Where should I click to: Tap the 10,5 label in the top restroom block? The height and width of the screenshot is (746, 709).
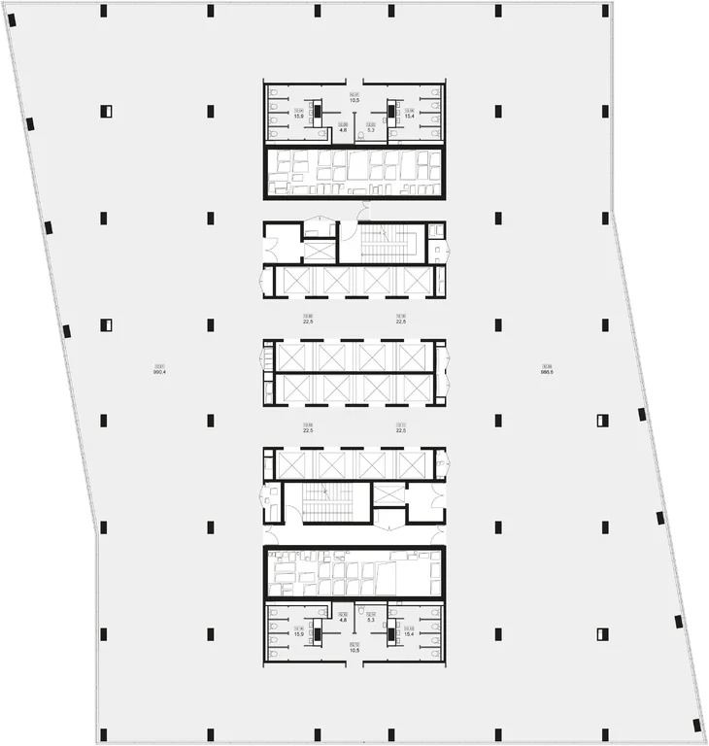coord(355,98)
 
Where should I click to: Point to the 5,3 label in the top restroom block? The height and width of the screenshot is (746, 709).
coord(371,129)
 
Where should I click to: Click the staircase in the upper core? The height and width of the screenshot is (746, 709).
coord(387,241)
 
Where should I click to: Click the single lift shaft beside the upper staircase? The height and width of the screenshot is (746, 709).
coord(319,250)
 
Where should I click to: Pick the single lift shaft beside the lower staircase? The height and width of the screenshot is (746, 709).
coord(390,492)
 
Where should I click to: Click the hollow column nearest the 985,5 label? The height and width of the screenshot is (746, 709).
coord(602,421)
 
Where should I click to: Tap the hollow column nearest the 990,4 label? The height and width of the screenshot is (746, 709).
coord(107,325)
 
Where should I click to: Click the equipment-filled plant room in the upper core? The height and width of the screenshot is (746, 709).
coord(354,172)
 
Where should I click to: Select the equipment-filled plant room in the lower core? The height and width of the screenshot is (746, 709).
coord(354,574)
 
